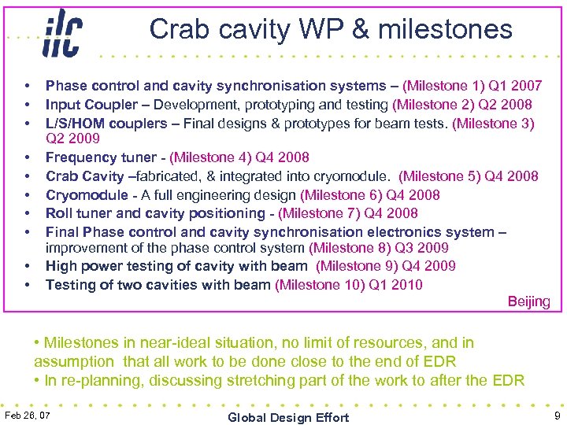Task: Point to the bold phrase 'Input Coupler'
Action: tap(94, 105)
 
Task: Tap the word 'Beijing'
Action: tap(528, 302)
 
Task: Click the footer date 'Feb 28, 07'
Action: tap(28, 415)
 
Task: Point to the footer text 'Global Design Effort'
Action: tap(288, 417)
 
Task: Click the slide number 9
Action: tap(557, 415)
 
